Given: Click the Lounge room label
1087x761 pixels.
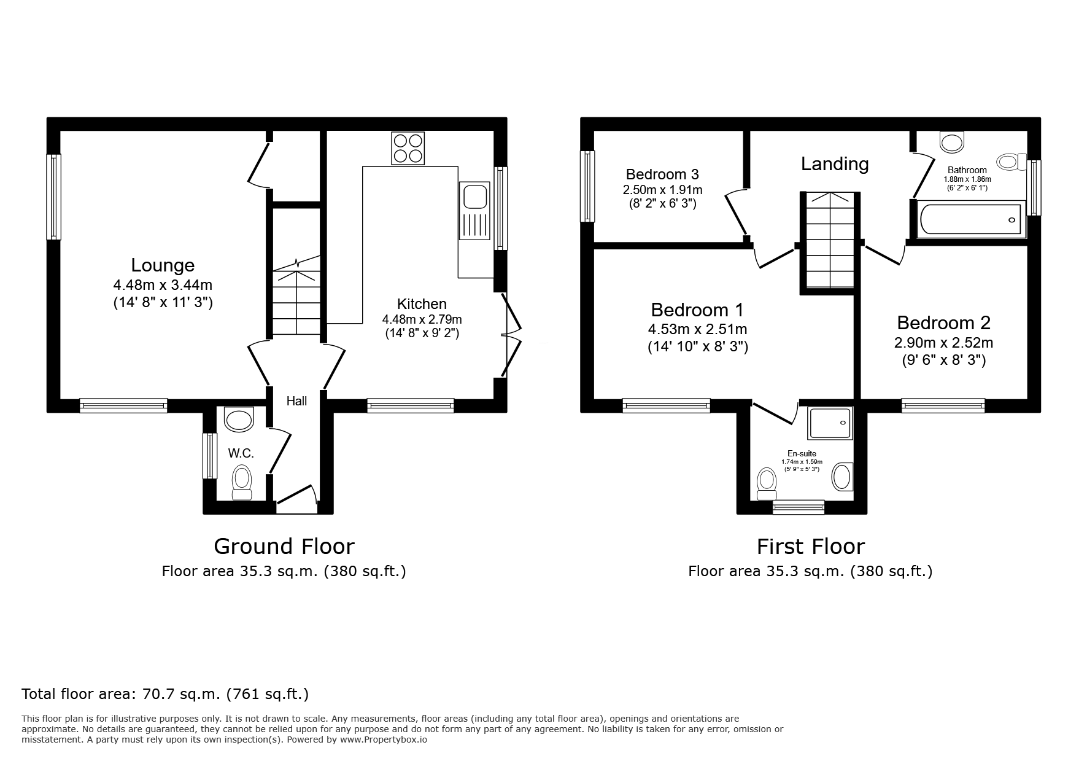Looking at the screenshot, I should pos(163,265).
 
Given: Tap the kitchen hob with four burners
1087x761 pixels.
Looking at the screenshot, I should pos(408,148).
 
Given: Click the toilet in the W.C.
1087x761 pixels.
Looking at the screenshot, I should pos(241,482).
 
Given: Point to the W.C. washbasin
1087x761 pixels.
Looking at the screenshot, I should pos(239,420).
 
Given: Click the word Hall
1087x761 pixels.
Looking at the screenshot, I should pos(296,401).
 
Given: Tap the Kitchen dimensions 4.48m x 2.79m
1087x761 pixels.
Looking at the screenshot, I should pos(422,319).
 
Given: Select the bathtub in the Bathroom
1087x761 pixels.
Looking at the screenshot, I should pos(970,219).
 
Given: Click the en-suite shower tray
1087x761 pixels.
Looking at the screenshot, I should pos(830,423).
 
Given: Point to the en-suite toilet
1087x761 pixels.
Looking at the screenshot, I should pos(767,485).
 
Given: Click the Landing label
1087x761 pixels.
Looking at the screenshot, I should pos(835,164).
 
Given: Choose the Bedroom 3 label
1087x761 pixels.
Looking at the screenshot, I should pos(662,174).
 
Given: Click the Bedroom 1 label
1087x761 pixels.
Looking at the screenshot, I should pos(697,309).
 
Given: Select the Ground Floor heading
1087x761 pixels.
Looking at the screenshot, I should pos(284,546).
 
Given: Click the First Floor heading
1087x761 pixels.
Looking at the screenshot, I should pos(810,546).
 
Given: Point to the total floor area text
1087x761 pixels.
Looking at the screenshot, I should pos(164,694).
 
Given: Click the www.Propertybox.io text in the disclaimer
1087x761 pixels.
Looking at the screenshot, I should pos(384,740).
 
